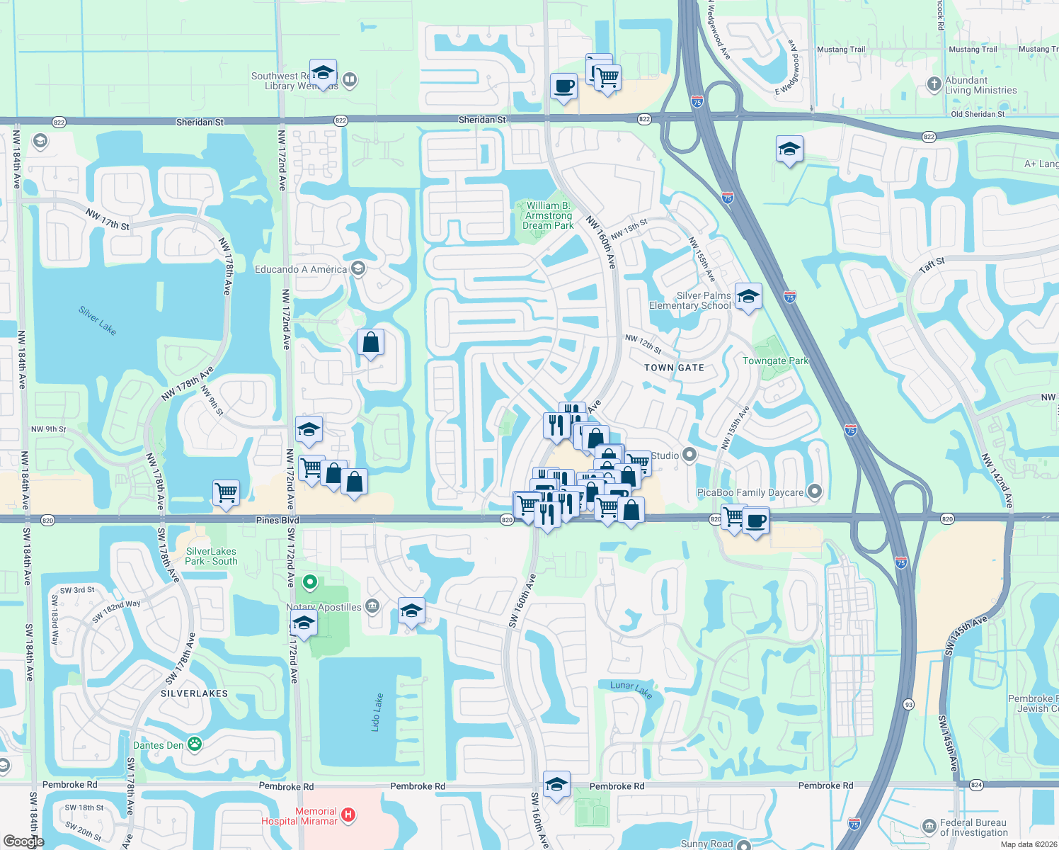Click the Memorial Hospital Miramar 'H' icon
(348, 815)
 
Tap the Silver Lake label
(98, 320)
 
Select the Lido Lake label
(378, 712)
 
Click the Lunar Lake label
(631, 688)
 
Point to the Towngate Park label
(775, 361)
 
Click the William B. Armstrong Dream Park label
(548, 215)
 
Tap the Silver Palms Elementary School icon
(748, 296)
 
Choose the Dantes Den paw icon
(194, 744)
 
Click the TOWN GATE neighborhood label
(674, 368)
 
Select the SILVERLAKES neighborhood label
(194, 693)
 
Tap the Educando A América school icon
(358, 268)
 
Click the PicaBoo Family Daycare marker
(815, 491)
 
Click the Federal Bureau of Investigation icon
(929, 827)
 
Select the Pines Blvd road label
(277, 520)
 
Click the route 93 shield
(908, 704)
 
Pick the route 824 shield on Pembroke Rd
(976, 785)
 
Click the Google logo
(23, 841)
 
